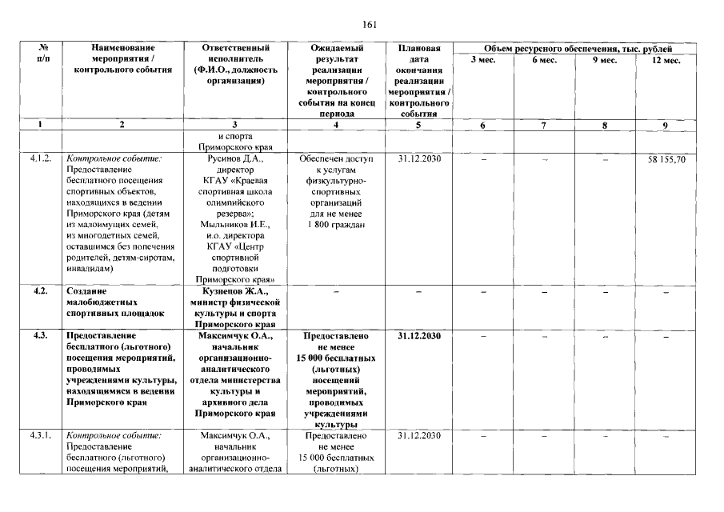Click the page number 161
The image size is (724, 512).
[369, 25]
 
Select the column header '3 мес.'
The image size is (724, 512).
[482, 61]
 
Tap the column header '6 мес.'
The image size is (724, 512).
[544, 61]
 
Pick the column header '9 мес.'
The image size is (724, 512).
[606, 61]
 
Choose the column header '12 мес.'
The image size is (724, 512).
[666, 61]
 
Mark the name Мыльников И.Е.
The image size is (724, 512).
[233, 226]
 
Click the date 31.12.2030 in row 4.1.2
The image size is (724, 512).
[419, 159]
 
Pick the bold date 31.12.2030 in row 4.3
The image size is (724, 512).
[419, 336]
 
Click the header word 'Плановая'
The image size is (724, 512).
[419, 49]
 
